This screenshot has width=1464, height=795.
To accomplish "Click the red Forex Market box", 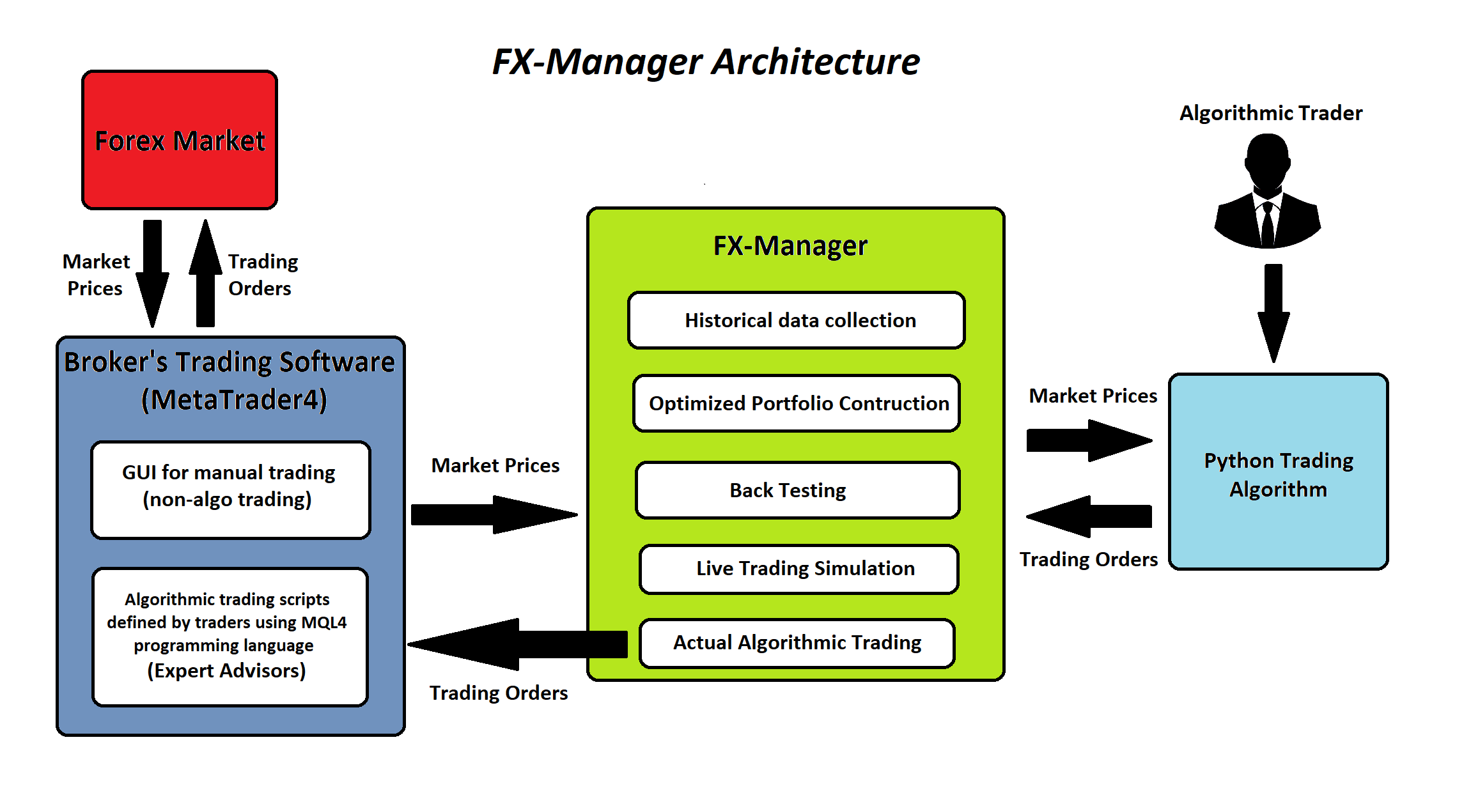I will tap(179, 140).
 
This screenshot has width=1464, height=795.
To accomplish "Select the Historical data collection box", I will tap(796, 320).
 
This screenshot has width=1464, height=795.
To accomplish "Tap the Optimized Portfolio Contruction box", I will tap(796, 403).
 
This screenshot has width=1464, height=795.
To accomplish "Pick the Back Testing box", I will tap(797, 490).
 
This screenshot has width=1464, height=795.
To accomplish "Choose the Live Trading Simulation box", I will tap(798, 569).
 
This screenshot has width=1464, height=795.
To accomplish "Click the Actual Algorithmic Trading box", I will tap(797, 643).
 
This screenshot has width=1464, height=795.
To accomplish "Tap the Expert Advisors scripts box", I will tap(230, 637).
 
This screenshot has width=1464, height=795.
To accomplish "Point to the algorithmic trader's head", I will tap(1267, 160).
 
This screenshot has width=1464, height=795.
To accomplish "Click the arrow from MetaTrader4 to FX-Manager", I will tap(492, 514).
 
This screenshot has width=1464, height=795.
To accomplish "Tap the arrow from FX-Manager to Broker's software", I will tap(518, 644).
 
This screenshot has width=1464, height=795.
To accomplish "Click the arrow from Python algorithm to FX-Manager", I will tap(1089, 516).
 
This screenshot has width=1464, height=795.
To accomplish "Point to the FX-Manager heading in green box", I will tap(790, 245).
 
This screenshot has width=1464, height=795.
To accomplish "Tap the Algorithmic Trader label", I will tap(1270, 113).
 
